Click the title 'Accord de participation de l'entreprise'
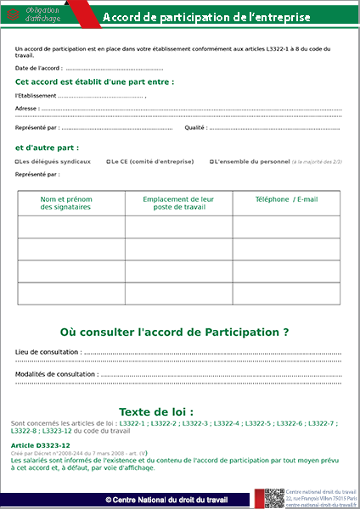205,17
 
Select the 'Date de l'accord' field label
37,68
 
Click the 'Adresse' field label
26,109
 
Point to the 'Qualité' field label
194,127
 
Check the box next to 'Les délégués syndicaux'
17,160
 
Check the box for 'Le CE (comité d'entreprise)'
108,160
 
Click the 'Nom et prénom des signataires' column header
66,203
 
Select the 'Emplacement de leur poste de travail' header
178,203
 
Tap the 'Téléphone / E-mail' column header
286,199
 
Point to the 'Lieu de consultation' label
48,351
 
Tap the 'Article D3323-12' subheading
41,445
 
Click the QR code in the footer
273,499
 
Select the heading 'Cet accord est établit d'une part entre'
94,82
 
